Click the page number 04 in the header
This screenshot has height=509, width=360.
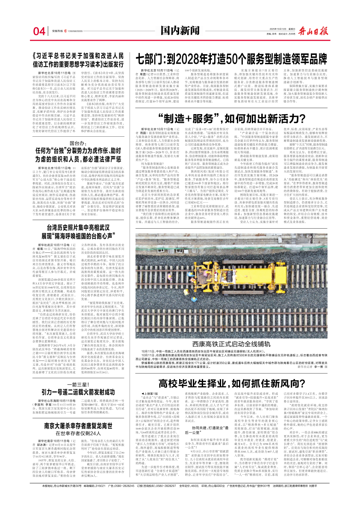pyautogui.click(x=39, y=32)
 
